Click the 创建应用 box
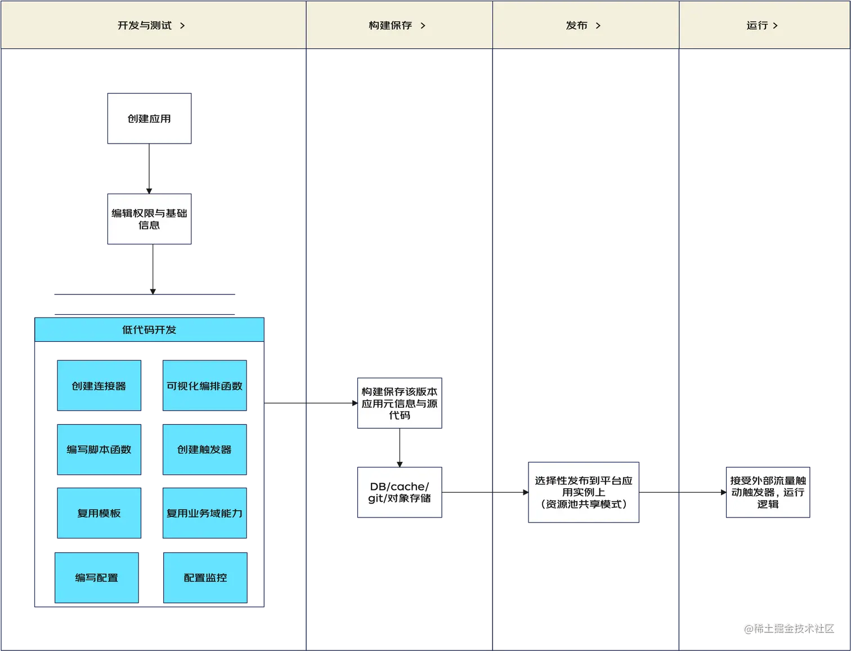150,118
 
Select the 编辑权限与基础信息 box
150,219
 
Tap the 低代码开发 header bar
149,329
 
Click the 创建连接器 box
99,386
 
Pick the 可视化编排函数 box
205,386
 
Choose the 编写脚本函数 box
99,449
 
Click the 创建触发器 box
205,449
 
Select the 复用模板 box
99,513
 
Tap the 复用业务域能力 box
205,513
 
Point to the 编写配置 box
97,578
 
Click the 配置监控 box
205,578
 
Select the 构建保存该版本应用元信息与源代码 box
400,403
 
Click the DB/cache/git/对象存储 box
400,492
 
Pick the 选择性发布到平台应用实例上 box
584,492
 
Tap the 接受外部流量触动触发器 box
768,492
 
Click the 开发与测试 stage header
145,25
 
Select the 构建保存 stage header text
391,25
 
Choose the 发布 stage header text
577,25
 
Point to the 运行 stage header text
758,25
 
